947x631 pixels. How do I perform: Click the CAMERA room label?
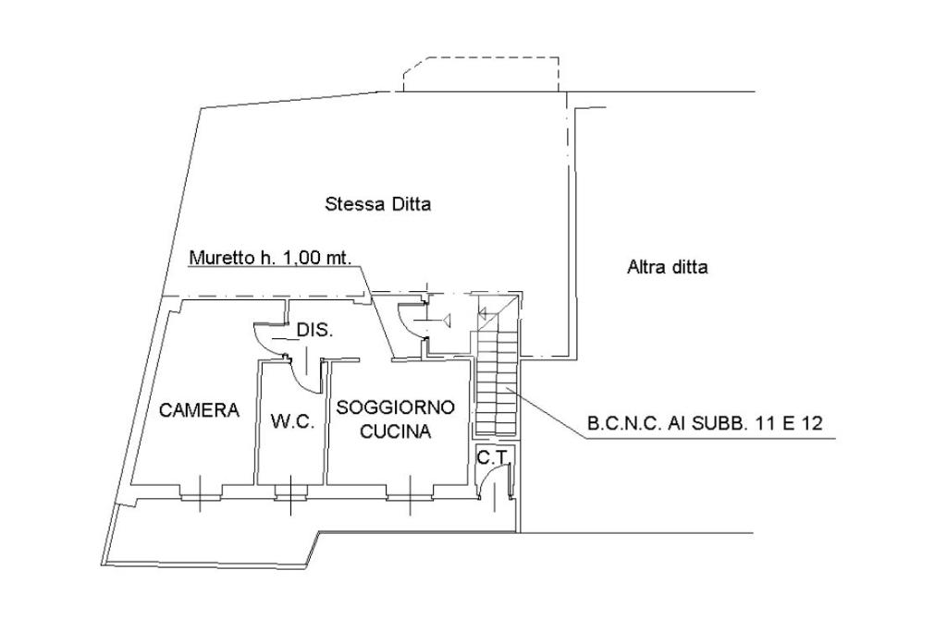pos(199,410)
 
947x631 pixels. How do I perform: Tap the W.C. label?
pos(293,422)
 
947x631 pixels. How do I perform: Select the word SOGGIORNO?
pos(396,407)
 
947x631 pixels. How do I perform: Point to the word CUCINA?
pos(396,431)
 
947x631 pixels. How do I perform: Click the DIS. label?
pos(314,330)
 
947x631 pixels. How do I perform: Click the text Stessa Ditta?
pos(377,204)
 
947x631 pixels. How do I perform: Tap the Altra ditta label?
pos(668,268)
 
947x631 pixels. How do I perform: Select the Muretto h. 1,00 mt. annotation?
pos(270,259)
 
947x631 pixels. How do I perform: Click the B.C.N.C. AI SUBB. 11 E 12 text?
pos(706,425)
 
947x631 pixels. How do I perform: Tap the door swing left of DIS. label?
pos(269,338)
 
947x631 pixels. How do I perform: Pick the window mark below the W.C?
pos(290,496)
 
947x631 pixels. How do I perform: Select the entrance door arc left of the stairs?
pos(411,319)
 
